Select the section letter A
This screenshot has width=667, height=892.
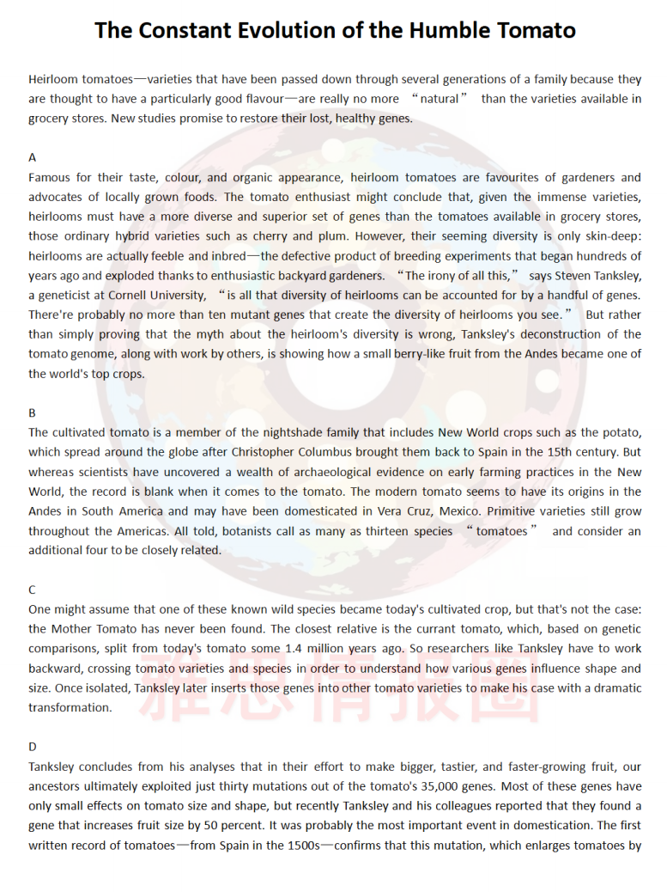pyautogui.click(x=33, y=157)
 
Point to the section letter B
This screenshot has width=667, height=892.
pyautogui.click(x=33, y=412)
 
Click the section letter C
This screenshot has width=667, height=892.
pyautogui.click(x=33, y=590)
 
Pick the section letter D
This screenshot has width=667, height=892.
pyautogui.click(x=33, y=747)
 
